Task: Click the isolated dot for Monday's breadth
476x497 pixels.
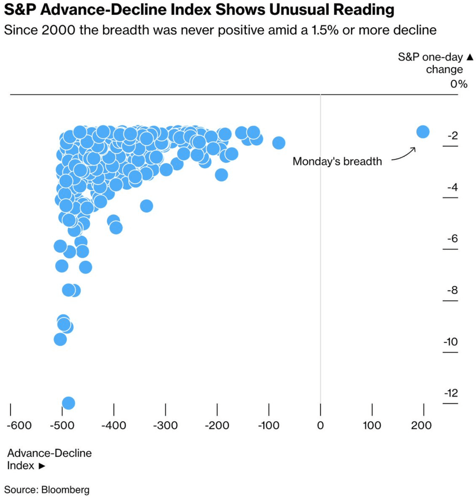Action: point(423,132)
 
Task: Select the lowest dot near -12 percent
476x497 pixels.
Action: point(69,403)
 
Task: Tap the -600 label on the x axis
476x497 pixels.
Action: point(19,425)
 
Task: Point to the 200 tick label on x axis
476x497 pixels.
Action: point(421,425)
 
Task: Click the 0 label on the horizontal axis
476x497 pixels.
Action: point(320,425)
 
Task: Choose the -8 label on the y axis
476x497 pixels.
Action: point(452,290)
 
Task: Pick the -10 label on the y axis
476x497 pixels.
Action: point(451,342)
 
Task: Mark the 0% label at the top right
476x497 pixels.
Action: point(459,84)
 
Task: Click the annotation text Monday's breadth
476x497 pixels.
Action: point(337,161)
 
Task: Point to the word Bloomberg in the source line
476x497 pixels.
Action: point(65,489)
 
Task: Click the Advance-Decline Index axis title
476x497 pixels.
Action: point(49,459)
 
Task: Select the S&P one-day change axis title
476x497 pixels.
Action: point(431,63)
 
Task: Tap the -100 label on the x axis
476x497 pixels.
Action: point(268,425)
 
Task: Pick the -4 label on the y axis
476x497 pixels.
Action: point(452,187)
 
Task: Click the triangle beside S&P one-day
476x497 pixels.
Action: point(470,57)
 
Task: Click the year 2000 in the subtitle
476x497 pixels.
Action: point(59,30)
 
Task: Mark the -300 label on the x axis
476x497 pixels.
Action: point(165,425)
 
